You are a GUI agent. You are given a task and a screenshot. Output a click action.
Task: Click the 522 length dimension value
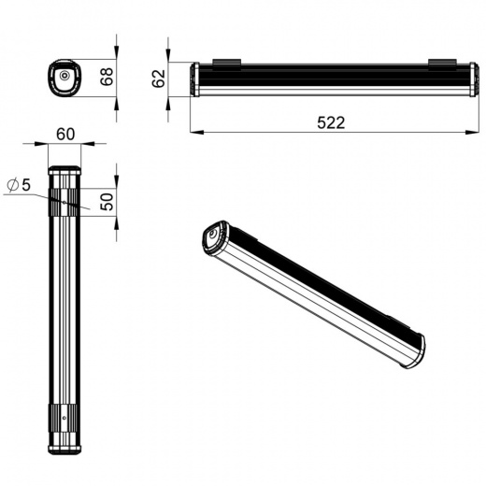[331, 122]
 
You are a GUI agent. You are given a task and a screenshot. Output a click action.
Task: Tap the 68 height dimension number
[107, 77]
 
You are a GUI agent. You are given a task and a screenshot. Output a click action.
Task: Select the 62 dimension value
[158, 79]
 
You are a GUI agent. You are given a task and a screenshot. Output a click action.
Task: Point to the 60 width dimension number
[65, 135]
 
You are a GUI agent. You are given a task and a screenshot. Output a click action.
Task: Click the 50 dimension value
[107, 202]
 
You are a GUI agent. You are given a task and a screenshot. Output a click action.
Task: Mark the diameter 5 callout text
[19, 185]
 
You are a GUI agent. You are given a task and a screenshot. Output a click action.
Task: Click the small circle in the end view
[64, 76]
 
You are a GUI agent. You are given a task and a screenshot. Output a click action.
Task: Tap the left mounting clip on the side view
[226, 63]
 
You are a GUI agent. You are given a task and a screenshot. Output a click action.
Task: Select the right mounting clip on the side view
[442, 63]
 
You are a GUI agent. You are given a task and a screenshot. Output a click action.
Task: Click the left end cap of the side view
[194, 79]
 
